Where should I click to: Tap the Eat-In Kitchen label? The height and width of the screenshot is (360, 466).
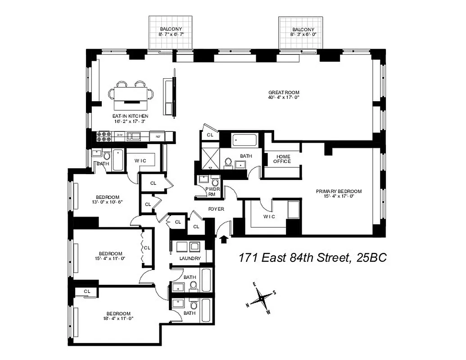130,116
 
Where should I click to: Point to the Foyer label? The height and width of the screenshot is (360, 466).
216,209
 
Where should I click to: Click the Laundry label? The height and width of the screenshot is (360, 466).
190,259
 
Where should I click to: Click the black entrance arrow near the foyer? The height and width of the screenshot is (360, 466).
224,239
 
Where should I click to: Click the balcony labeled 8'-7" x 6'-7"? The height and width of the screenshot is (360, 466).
171,32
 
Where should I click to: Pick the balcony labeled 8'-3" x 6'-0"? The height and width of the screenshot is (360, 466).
301,32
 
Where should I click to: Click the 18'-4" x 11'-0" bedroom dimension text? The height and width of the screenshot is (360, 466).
118,319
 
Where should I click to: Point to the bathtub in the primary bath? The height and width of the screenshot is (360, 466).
245,140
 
